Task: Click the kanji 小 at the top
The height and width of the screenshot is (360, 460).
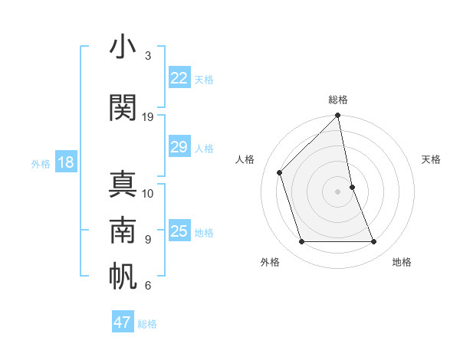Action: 123,48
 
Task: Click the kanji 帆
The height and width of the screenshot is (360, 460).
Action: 123,277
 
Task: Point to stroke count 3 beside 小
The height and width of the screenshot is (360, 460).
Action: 148,56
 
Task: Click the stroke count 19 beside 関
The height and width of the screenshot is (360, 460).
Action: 148,116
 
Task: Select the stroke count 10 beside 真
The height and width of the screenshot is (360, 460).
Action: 148,193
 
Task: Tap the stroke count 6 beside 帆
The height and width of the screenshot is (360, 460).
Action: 148,286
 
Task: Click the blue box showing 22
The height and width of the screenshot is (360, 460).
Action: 179,77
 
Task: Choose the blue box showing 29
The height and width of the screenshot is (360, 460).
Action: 179,147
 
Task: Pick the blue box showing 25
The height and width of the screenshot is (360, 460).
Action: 179,231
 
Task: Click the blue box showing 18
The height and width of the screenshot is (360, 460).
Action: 65,162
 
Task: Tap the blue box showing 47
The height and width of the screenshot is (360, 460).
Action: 123,322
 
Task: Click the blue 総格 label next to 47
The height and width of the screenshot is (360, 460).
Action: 147,324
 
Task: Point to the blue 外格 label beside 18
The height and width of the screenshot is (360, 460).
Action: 41,163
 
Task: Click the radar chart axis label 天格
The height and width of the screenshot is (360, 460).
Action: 431,159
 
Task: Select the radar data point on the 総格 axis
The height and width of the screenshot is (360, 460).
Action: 337,116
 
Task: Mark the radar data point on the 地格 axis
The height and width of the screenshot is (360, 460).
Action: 374,242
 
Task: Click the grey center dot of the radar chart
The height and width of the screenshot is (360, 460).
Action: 337,191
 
